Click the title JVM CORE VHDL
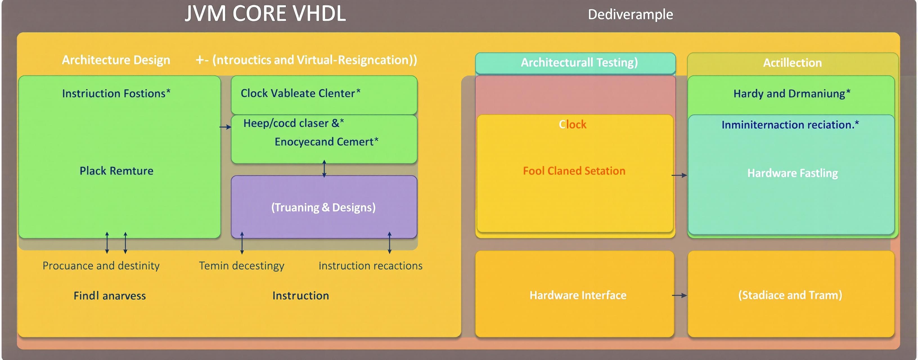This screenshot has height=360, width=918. [265, 14]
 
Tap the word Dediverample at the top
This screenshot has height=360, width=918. [630, 15]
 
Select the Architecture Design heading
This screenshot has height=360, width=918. [116, 60]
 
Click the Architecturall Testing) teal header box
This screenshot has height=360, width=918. [575, 63]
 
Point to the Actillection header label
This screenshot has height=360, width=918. [792, 63]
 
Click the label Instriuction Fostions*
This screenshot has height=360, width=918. [116, 93]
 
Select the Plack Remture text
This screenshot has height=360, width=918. [116, 171]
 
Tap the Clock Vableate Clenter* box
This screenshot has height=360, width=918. [324, 94]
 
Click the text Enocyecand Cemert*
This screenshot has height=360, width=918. [326, 142]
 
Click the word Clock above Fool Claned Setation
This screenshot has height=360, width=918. [572, 124]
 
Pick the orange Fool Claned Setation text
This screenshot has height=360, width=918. [574, 171]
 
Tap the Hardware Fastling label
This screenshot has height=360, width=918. [792, 173]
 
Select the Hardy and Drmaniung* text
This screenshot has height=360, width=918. [791, 94]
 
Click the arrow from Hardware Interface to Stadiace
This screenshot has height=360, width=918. [679, 296]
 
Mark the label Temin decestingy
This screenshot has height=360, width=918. [241, 266]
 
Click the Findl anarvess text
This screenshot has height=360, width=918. [109, 296]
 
